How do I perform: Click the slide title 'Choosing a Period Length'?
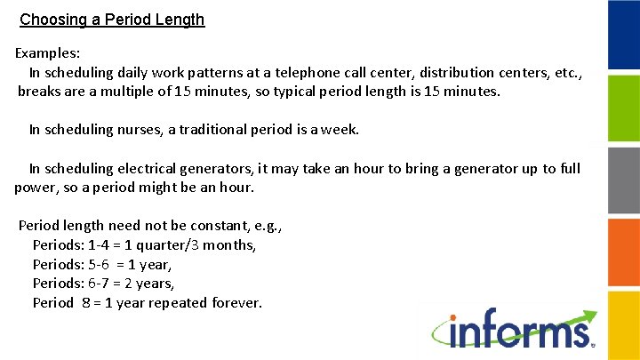click(x=112, y=19)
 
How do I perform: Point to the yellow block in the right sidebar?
click(x=623, y=324)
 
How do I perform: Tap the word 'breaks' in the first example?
click(x=40, y=92)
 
